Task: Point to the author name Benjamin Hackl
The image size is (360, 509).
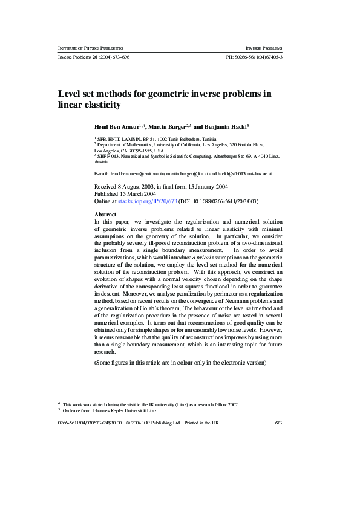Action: (x=224, y=127)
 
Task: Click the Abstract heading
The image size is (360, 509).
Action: (x=106, y=215)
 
